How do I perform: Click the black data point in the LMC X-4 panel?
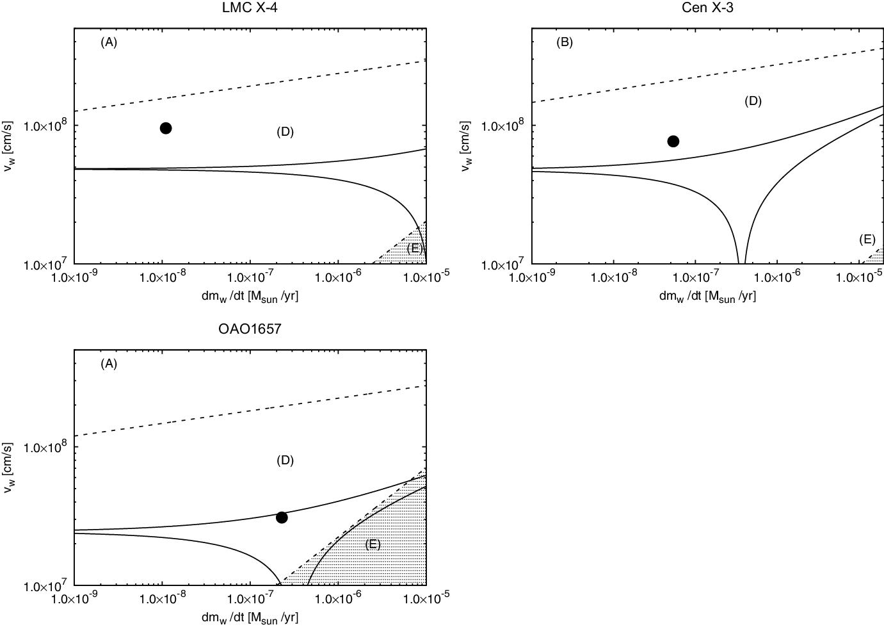(x=165, y=128)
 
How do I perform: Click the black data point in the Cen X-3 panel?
(x=673, y=141)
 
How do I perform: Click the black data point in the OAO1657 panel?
(x=281, y=517)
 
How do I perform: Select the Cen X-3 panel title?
(x=707, y=8)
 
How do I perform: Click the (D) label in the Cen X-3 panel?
(x=753, y=101)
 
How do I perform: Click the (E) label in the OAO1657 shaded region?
(x=373, y=544)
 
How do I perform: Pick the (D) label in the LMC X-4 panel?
(x=285, y=131)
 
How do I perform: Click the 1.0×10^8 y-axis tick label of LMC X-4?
(x=45, y=126)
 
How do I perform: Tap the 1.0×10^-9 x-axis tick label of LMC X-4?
(x=75, y=277)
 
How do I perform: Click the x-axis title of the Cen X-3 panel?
(x=707, y=295)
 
